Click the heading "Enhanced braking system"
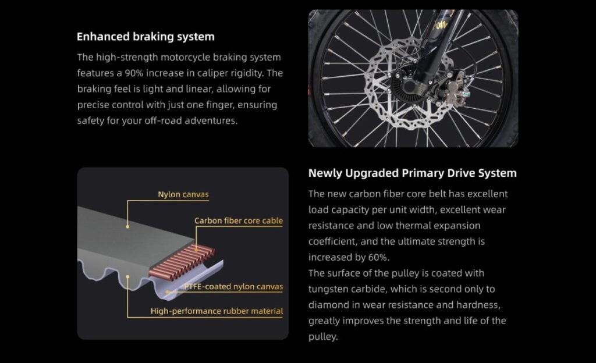click(146, 37)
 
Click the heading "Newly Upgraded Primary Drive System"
click(413, 173)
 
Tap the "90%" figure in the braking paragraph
click(134, 73)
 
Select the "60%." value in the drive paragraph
click(379, 258)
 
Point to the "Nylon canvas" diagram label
click(183, 194)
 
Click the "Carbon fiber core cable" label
click(238, 220)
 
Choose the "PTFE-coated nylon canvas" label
click(233, 287)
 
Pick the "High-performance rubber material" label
click(217, 311)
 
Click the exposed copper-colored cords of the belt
click(182, 262)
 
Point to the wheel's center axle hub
click(408, 87)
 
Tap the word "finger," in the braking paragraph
click(217, 105)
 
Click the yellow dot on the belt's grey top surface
click(127, 227)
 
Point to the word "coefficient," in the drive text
click(332, 241)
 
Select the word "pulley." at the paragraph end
click(323, 337)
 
